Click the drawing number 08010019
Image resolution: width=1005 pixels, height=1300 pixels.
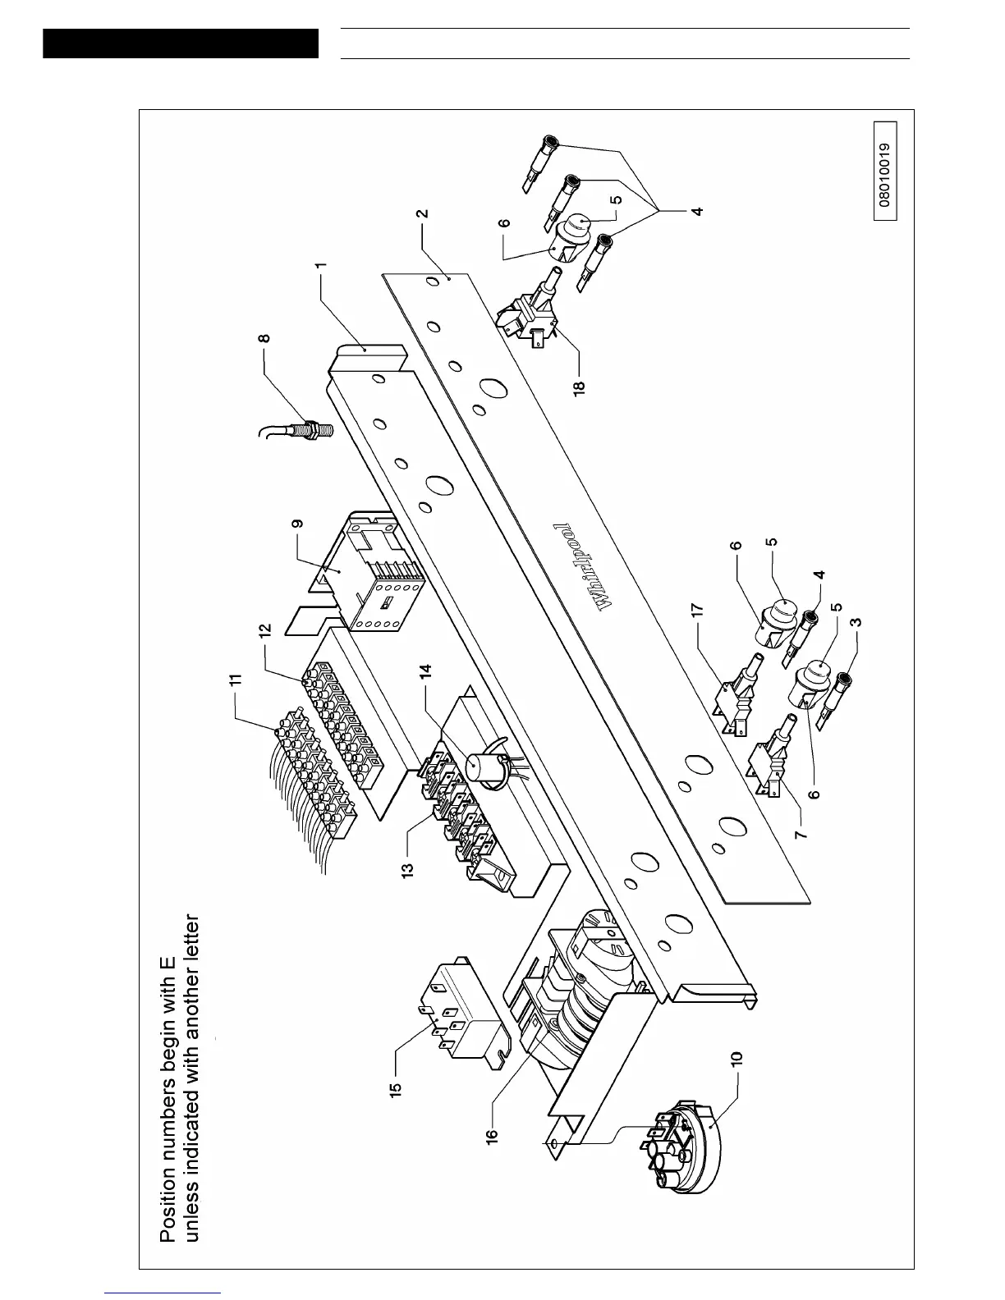(884, 171)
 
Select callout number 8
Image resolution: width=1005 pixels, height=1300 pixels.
(263, 337)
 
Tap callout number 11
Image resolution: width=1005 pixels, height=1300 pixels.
(236, 680)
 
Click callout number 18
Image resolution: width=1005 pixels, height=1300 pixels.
(579, 386)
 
